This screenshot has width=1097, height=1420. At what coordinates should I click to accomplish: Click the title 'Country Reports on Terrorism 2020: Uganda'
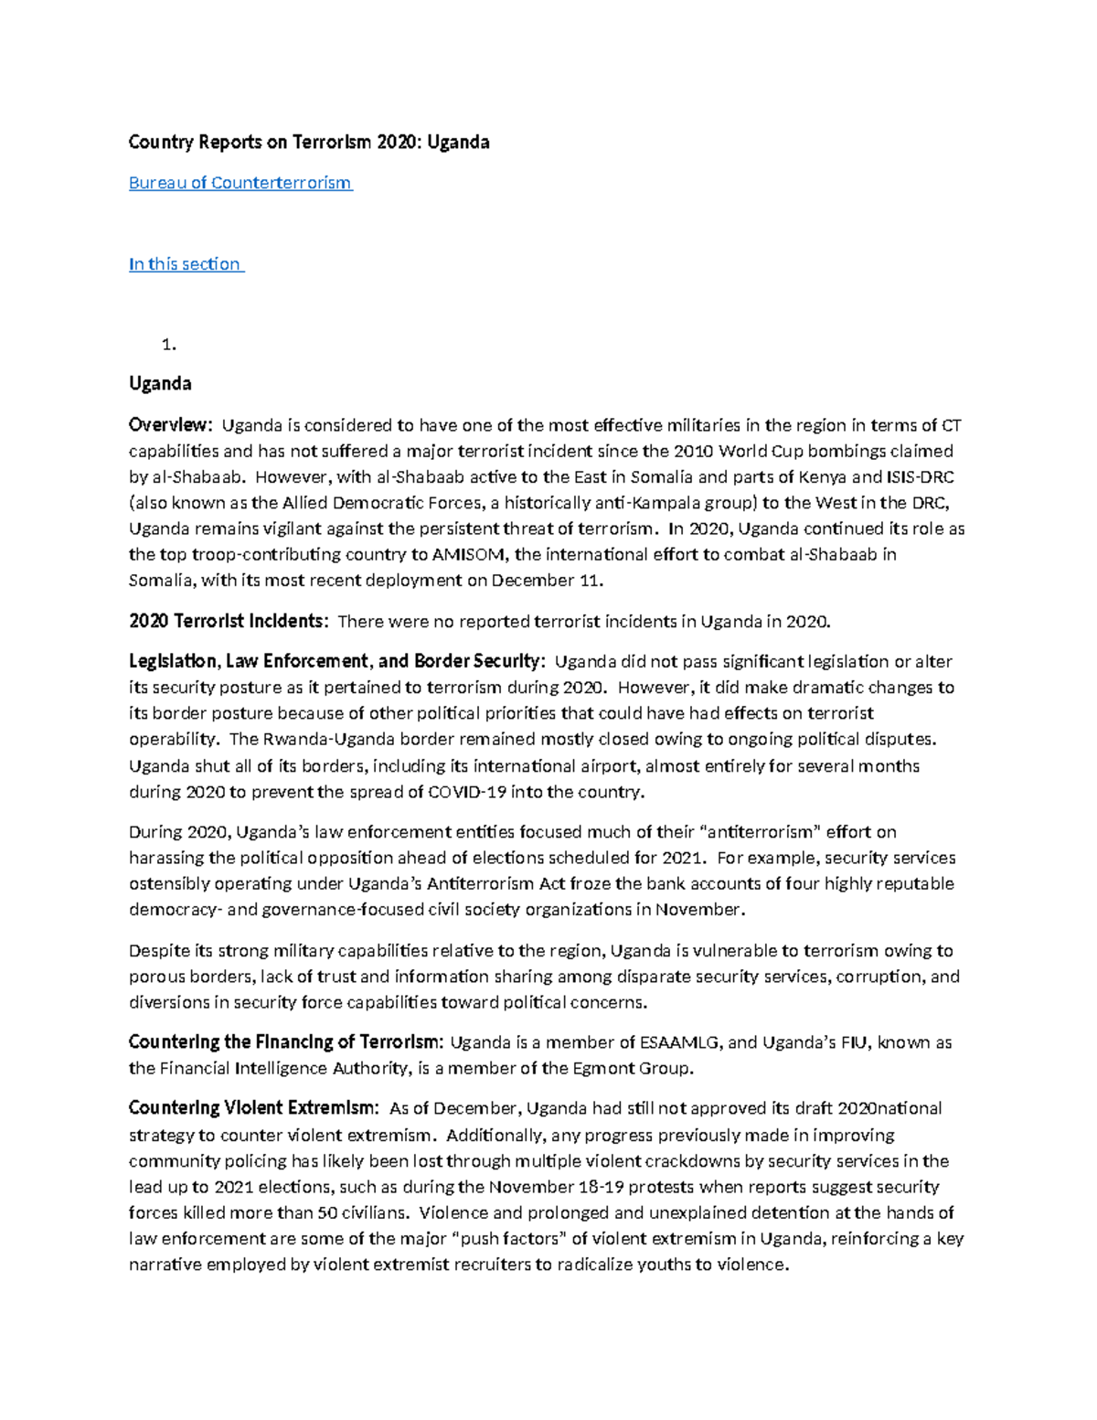(309, 142)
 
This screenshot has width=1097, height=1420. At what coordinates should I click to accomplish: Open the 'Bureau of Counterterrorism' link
(240, 183)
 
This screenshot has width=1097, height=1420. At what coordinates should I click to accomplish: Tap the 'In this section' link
(185, 264)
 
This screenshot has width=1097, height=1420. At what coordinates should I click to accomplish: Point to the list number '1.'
(168, 345)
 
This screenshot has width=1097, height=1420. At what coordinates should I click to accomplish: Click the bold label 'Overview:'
(171, 425)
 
